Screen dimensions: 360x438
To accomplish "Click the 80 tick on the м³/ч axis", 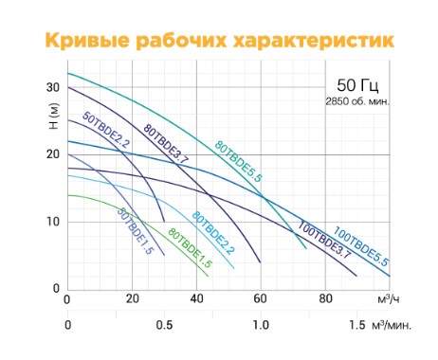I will click(x=325, y=300).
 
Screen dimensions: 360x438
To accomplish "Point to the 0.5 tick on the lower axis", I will click(x=164, y=325).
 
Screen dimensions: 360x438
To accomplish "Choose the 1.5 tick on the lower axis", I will click(x=356, y=325).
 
